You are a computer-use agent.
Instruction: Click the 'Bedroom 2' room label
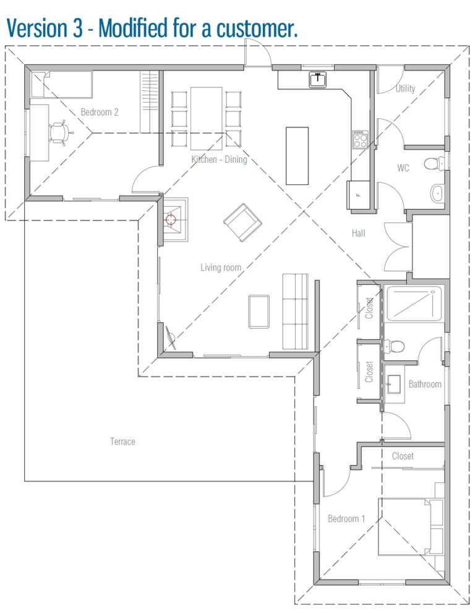coord(100,112)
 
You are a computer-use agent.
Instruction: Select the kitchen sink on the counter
coord(318,79)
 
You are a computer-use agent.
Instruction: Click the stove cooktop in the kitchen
coord(360,140)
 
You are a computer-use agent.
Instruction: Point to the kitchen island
coord(297,155)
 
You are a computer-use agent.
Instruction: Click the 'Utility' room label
coord(405,89)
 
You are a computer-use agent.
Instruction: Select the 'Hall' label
coord(358,233)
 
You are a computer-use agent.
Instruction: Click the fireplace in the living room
coord(173,219)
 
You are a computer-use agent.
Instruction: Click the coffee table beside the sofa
coord(259,311)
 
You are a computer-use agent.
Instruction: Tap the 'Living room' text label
coord(220,267)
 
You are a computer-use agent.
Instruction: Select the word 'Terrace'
coord(122,441)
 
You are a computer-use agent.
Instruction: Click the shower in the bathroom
coord(414,303)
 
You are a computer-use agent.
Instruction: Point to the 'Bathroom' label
coord(425,384)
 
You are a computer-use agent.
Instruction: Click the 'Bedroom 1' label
coord(346,518)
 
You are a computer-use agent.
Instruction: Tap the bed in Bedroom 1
coord(411,526)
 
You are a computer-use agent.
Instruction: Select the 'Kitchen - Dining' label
coord(219,160)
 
